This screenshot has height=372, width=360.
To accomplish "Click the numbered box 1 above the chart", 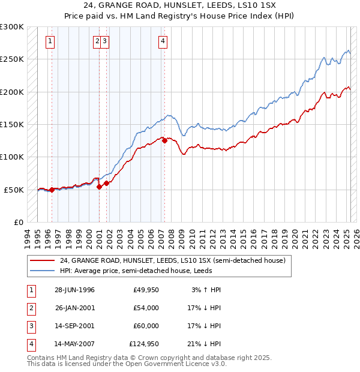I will [49, 41].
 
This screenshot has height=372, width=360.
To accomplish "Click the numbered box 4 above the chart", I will [163, 41].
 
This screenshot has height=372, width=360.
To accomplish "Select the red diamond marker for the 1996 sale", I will [52, 190].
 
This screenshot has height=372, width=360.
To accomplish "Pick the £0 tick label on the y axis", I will [17, 222].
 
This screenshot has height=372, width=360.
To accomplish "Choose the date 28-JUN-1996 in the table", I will [74, 290].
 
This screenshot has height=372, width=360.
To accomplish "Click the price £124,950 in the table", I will [144, 344].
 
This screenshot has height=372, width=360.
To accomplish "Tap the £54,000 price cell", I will [146, 308].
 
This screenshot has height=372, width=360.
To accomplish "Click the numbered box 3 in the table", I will [30, 326].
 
